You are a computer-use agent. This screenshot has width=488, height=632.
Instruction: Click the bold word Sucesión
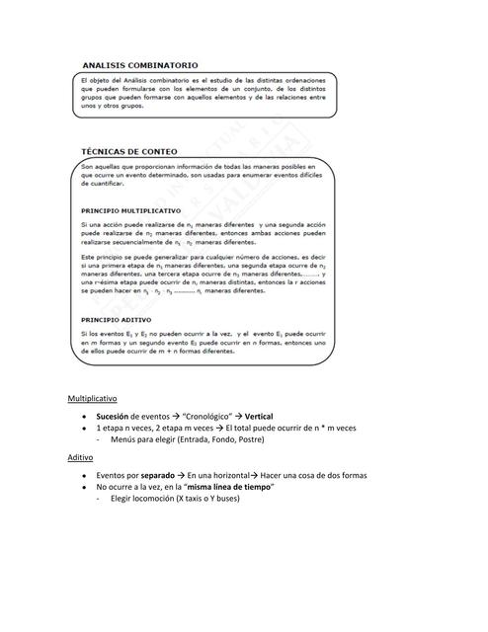[x=119, y=416]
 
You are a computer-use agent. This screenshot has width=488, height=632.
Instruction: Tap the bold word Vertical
[x=267, y=416]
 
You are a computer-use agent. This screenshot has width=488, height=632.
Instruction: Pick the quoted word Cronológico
[x=207, y=416]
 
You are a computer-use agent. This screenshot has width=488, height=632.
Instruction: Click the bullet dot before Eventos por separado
[x=87, y=476]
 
